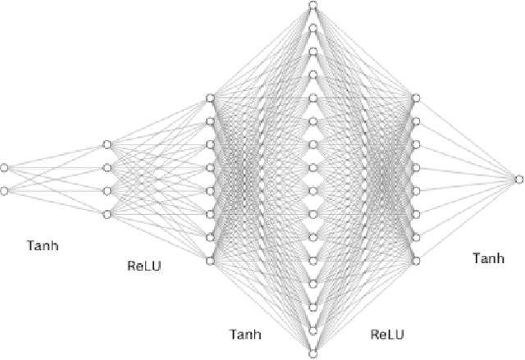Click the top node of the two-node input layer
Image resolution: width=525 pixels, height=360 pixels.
point(4,168)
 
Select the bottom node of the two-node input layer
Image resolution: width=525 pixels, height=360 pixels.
point(4,191)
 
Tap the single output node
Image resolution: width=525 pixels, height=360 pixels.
point(518,179)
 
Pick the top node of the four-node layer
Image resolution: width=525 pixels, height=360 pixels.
point(107,145)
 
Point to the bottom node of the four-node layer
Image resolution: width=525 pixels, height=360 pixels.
point(107,215)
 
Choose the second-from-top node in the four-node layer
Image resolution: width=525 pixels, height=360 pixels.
point(107,168)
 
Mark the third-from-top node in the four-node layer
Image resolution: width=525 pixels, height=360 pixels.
point(107,191)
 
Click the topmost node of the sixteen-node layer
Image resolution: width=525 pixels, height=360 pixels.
point(313,6)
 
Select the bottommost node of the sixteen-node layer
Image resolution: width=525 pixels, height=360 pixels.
point(313,354)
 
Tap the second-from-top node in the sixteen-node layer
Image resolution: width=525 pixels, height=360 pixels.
point(313,29)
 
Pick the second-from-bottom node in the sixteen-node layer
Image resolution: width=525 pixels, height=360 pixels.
point(313,331)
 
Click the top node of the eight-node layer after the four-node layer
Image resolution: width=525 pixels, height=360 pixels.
point(210,98)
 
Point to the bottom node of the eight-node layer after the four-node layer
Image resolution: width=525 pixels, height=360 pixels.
point(210,261)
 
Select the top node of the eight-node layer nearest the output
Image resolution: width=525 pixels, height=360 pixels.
point(416,98)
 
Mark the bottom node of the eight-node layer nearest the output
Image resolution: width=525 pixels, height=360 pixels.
point(416,261)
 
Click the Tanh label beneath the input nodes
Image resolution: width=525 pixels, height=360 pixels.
point(43,245)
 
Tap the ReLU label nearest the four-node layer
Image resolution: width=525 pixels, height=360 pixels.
point(144,266)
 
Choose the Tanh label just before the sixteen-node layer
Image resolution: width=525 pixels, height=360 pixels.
point(247,334)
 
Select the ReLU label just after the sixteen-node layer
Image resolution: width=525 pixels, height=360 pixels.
point(387,334)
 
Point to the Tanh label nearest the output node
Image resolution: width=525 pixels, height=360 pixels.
point(490,258)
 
